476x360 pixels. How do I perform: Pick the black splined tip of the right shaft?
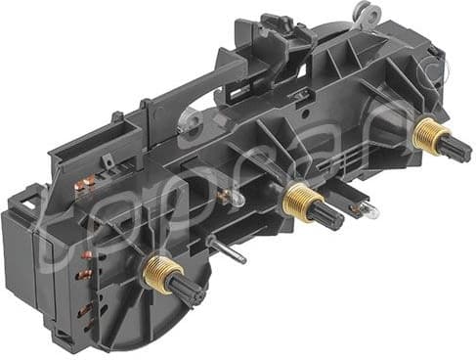click(x=455, y=149)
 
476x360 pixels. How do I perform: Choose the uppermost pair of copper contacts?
click(x=88, y=182)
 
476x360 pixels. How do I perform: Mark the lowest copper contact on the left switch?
click(x=86, y=312)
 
